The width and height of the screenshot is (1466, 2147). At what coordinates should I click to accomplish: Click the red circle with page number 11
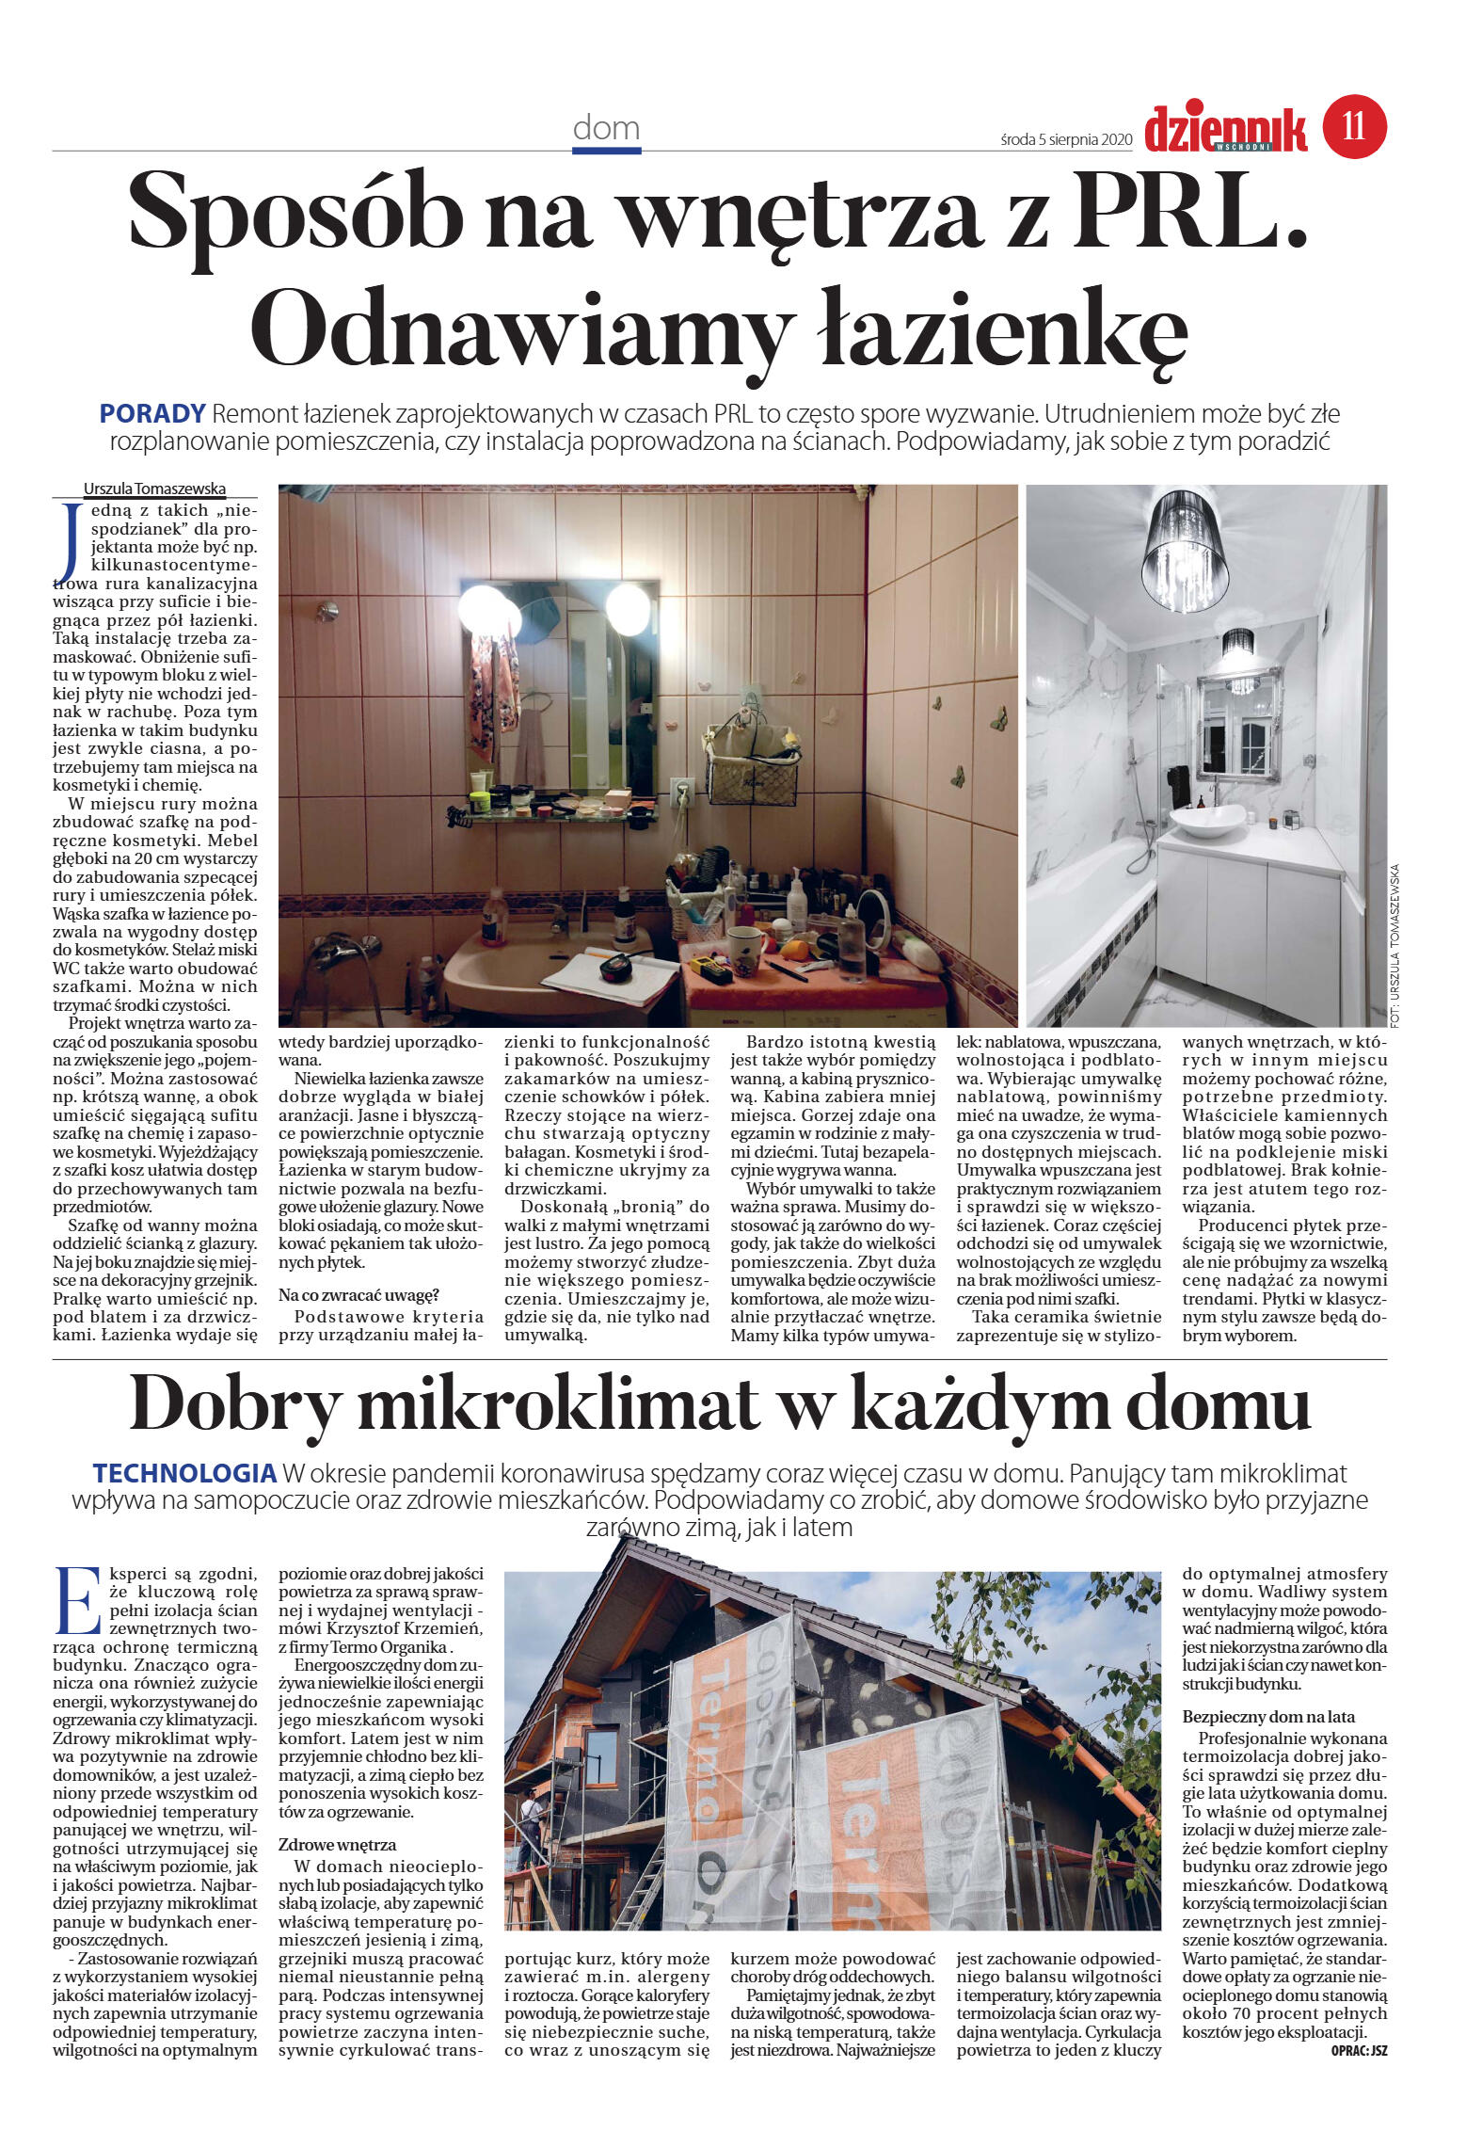[x=1354, y=125]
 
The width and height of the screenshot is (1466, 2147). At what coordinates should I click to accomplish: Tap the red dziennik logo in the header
[x=1225, y=130]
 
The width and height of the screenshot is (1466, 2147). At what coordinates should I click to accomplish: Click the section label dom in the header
[x=606, y=128]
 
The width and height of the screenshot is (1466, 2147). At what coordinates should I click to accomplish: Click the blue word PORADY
[x=152, y=413]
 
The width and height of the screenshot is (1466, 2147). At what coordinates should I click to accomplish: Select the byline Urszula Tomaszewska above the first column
[x=154, y=489]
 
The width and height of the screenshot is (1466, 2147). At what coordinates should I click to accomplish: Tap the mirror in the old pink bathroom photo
[x=563, y=686]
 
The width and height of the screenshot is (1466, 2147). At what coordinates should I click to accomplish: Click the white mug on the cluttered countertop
[x=743, y=951]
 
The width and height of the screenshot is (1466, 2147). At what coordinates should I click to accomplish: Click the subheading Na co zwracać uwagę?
[x=359, y=1296]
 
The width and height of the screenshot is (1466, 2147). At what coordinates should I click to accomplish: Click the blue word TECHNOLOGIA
[x=183, y=1473]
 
